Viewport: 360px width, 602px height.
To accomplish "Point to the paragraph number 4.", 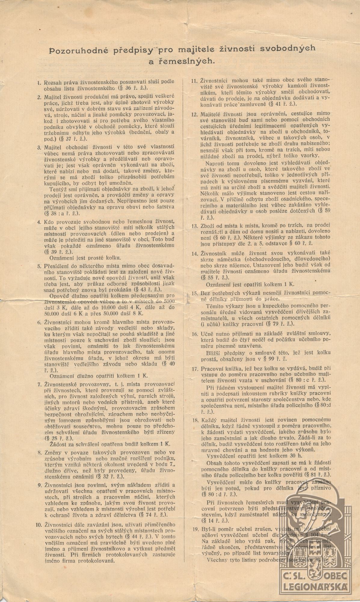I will point(39,222).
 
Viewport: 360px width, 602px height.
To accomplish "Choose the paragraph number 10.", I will point(38,524).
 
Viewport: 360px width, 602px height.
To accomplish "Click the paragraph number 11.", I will point(194,81).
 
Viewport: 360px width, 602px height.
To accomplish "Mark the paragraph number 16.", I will point(194,334).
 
